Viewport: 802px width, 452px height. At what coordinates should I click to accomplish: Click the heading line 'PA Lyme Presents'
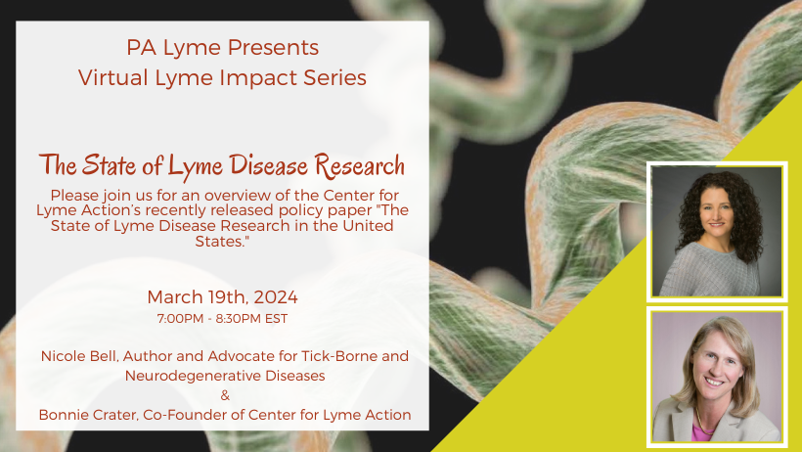pos(222,48)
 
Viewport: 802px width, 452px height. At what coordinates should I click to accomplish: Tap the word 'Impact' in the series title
pos(259,78)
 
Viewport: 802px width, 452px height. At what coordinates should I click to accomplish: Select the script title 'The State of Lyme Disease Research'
pos(222,165)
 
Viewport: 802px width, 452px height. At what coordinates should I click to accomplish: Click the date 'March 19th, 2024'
pos(222,296)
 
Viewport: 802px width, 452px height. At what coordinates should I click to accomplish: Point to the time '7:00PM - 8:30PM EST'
pos(222,318)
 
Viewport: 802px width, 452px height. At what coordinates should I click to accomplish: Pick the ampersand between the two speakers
pos(225,395)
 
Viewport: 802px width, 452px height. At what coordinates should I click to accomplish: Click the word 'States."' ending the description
pos(222,241)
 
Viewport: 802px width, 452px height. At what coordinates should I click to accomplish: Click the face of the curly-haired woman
pos(715,211)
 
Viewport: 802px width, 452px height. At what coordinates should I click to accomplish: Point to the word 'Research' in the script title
pos(360,165)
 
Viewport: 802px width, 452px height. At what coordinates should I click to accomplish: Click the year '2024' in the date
pos(276,296)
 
